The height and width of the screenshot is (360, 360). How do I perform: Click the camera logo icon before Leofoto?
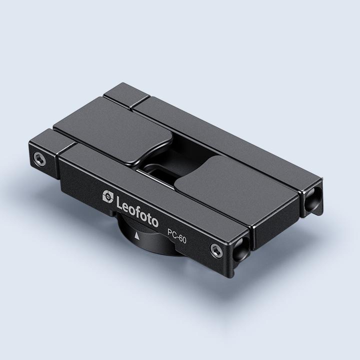107,195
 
